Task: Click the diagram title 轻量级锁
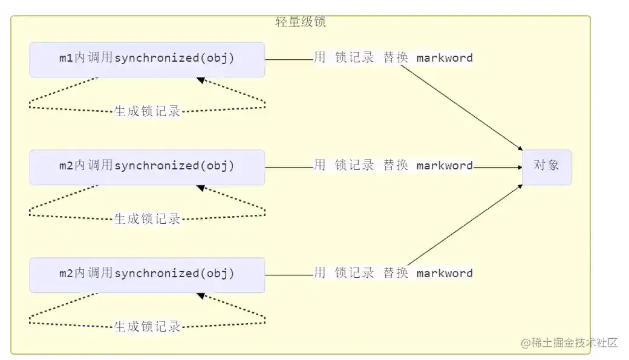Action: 300,22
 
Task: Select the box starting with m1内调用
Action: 147,59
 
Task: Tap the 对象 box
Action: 547,165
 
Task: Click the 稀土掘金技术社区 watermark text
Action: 574,342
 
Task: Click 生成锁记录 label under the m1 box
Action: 147,111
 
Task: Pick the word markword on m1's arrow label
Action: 445,58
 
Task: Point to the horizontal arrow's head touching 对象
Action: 519,167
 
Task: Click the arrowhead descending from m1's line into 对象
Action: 520,148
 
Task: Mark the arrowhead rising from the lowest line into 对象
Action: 520,187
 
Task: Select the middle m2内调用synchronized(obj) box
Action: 147,167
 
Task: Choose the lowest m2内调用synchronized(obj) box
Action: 147,275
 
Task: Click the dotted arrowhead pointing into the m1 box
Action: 200,79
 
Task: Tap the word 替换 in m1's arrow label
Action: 396,58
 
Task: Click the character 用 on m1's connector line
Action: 319,58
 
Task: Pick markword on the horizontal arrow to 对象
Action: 445,166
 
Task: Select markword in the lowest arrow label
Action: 445,273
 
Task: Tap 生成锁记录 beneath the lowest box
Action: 147,327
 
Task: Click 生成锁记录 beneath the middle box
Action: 147,219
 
